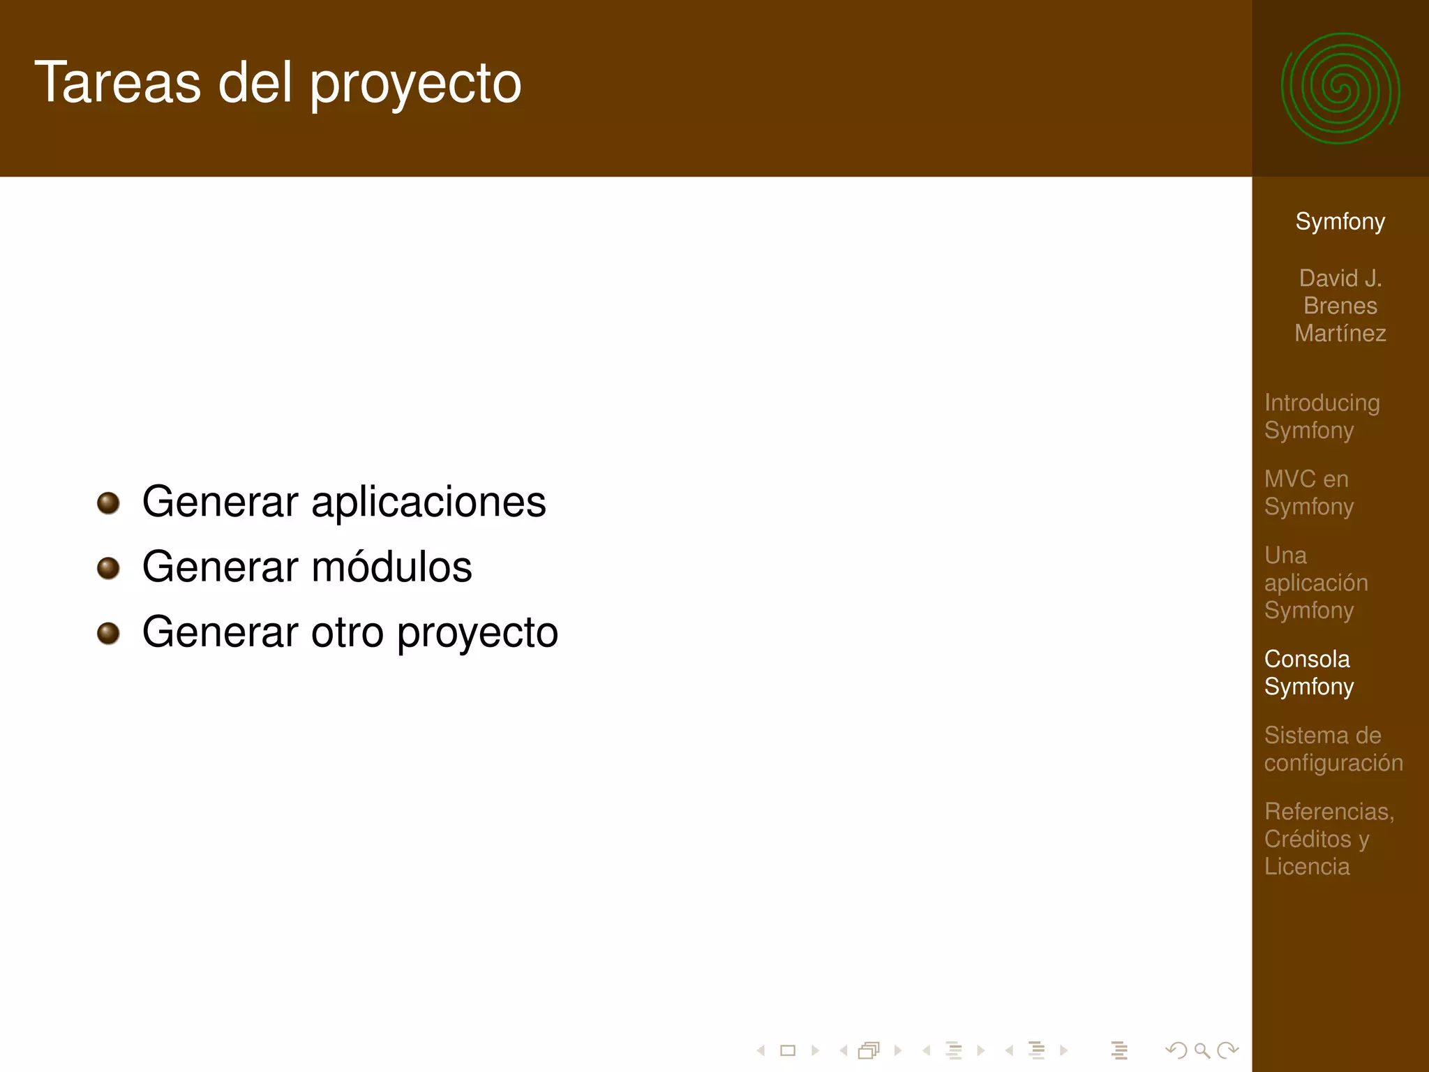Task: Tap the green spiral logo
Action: pos(1340,89)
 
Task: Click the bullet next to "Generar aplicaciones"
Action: pos(108,502)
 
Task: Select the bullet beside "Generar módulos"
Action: pos(108,567)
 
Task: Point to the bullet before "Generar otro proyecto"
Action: pos(108,633)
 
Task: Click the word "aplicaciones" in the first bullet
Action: pos(428,502)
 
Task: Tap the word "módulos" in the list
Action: pos(391,567)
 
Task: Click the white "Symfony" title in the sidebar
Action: pos(1340,221)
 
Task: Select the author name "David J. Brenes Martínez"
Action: pos(1340,306)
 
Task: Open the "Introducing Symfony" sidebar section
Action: pos(1322,416)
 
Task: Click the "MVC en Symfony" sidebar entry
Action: pos(1308,492)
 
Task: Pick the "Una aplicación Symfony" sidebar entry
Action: pos(1315,582)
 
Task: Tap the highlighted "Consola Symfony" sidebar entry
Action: pos(1308,672)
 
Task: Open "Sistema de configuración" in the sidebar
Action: pos(1333,748)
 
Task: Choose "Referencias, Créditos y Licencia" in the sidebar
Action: pos(1329,838)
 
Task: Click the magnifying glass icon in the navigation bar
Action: pos(1202,1050)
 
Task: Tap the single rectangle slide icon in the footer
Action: pos(788,1050)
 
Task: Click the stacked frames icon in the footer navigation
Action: pos(869,1050)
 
